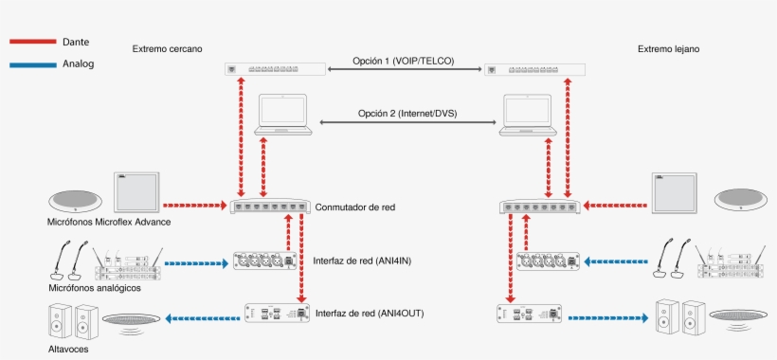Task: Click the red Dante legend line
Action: (32, 43)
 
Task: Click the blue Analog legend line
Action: (32, 65)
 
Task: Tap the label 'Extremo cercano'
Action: (167, 48)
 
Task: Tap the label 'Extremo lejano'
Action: (669, 48)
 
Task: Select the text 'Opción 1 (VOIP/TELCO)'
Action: (404, 61)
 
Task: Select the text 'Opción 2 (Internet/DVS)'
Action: (407, 114)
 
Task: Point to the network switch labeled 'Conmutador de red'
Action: (271, 205)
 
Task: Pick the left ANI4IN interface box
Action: (266, 260)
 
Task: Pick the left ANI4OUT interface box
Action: (278, 313)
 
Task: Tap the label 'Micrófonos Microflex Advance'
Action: (109, 222)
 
